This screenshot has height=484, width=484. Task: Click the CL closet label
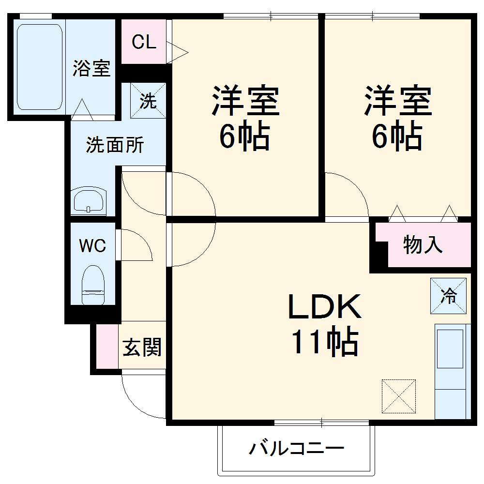pos(144,43)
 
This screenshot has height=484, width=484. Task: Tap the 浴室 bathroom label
pos(91,68)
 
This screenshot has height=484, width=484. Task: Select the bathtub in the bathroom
pos(39,67)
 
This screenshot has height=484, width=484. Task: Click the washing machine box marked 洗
pos(148,101)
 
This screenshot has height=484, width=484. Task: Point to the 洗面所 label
pos(115,145)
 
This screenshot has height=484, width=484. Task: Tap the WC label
pos(92,246)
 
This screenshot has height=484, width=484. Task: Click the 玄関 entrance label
pos(142,348)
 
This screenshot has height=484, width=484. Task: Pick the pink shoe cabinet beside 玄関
pos(107,346)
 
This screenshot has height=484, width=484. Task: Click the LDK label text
pos(325,307)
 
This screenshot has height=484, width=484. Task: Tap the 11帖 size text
pos(324,342)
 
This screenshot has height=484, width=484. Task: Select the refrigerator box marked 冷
pos(449,295)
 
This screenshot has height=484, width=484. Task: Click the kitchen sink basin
pos(450,348)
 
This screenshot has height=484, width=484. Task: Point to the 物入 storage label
pos(423,245)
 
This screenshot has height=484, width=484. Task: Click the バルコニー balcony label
pos(296,449)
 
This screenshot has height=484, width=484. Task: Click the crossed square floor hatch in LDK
pos(398,396)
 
